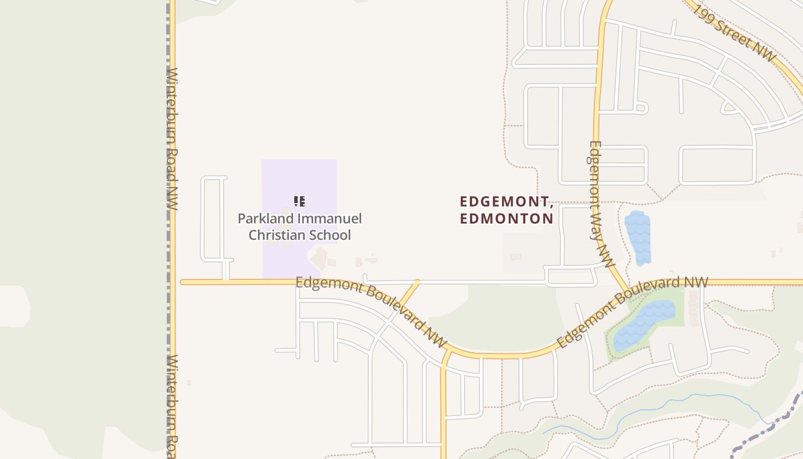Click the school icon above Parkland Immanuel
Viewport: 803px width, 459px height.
point(299,201)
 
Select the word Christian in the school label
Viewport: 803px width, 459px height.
point(276,235)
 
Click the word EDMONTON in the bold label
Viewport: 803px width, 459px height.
point(506,219)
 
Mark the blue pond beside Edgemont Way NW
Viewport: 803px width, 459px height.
point(638,238)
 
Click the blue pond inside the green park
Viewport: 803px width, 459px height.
point(644,325)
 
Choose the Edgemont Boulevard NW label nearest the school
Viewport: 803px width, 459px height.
point(371,310)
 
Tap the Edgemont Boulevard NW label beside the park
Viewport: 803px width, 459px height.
point(632,312)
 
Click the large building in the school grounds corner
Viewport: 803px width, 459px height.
point(319,258)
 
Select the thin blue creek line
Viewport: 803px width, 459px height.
point(660,409)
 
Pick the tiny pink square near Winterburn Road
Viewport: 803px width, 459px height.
point(189,382)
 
